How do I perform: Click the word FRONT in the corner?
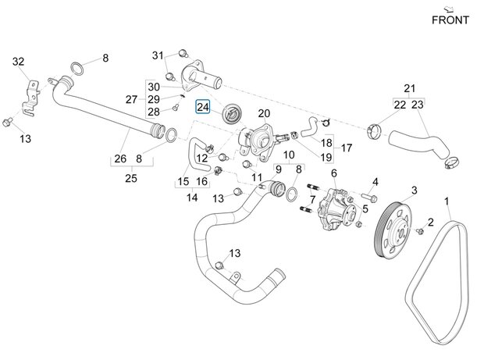point(450,20)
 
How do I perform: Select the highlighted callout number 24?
point(203,107)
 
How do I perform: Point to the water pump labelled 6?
point(336,209)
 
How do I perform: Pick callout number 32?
point(19,61)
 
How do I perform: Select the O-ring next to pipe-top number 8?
point(78,65)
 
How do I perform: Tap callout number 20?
point(264,114)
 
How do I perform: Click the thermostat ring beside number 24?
point(231,116)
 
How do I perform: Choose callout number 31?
point(158,55)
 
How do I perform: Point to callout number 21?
point(410,87)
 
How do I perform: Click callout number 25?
point(130,178)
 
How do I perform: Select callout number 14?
point(191,198)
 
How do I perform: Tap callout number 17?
point(347,148)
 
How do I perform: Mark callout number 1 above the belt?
point(448,202)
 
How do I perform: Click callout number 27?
point(131,99)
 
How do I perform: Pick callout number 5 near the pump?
point(364,209)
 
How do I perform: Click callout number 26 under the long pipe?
point(119,159)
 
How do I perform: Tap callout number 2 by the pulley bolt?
point(429,223)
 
